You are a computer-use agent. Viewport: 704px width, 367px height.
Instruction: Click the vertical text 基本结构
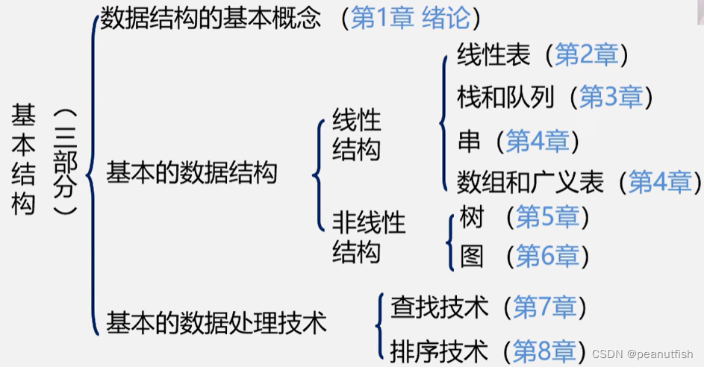(x=23, y=160)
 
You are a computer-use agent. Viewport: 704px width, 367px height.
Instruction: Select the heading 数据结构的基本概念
(x=211, y=19)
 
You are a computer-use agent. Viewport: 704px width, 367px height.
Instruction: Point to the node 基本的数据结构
(x=192, y=174)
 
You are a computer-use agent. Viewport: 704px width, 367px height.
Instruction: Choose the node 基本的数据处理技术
(x=217, y=323)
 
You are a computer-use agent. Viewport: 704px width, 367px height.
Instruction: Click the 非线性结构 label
(x=369, y=237)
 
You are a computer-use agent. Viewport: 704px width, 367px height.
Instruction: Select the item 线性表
(x=493, y=55)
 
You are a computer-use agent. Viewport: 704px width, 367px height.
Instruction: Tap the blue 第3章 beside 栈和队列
(x=611, y=97)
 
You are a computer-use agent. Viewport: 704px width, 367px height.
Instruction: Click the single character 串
(x=469, y=140)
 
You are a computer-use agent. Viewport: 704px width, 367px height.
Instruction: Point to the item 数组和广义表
(x=530, y=181)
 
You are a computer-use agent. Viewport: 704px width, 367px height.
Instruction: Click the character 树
(x=472, y=218)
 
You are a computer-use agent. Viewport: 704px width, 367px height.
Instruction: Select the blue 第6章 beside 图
(x=547, y=257)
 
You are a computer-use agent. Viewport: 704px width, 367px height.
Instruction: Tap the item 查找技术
(x=439, y=307)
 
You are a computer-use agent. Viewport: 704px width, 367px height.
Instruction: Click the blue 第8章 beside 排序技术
(x=544, y=351)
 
